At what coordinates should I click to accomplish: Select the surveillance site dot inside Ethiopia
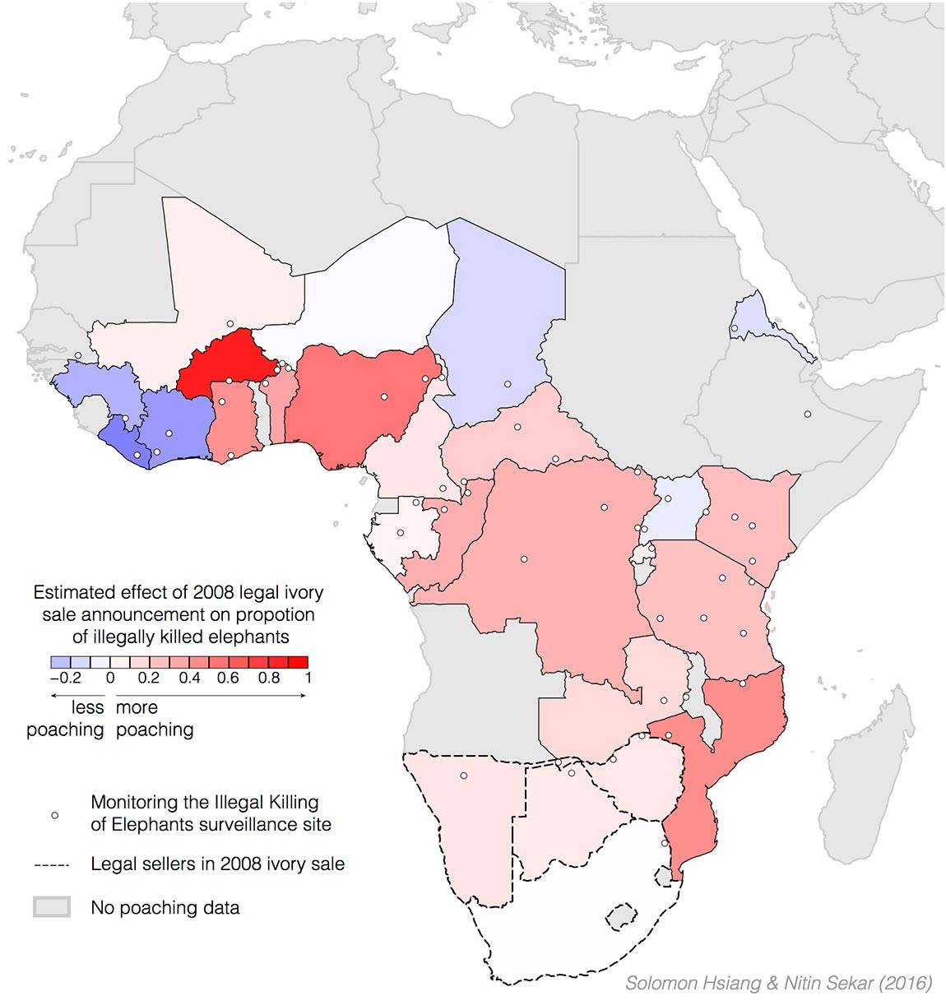808,414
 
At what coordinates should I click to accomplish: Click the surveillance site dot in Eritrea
734,329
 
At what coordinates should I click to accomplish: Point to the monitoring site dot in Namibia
464,776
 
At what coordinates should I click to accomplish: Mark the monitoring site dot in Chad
508,384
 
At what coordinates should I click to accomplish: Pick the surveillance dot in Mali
230,324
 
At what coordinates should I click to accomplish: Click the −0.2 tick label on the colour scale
65,678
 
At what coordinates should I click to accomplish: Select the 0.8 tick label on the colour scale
269,678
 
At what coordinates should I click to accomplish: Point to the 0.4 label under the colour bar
189,678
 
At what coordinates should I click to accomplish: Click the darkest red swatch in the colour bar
299,661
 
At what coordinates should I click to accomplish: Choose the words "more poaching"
154,718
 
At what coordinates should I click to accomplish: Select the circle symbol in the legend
55,814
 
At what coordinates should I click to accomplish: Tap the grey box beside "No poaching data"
51,907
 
